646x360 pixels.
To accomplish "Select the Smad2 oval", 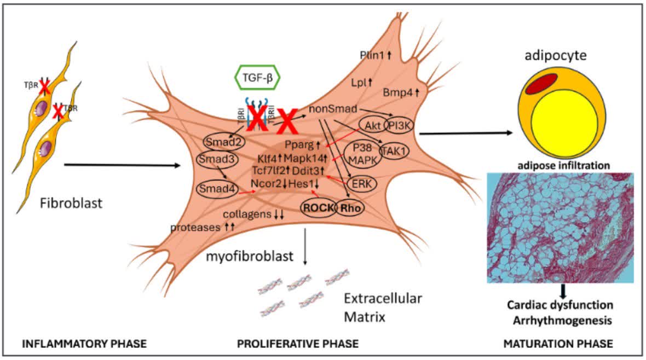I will (223, 142).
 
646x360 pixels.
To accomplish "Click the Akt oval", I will (371, 125).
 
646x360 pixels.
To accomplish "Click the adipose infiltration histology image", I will (560, 227).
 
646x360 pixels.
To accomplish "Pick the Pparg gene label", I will (301, 145).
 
